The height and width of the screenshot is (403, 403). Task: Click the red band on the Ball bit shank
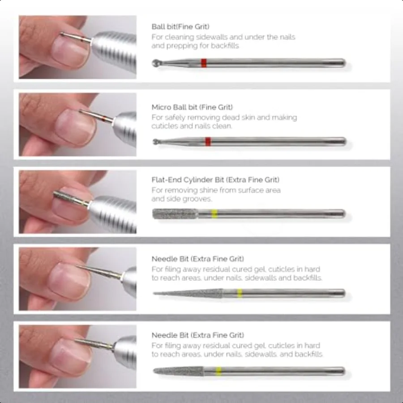(204, 63)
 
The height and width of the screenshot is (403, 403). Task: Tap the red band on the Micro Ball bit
(208, 142)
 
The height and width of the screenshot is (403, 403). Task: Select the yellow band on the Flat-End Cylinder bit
(214, 214)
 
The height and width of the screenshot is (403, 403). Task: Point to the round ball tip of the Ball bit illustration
(156, 63)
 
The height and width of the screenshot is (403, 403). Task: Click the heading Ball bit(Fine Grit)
(180, 27)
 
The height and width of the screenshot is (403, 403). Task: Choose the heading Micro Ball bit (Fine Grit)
(192, 107)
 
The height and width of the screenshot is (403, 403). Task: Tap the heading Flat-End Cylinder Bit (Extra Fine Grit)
(215, 180)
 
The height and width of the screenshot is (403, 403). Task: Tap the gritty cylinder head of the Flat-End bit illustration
(175, 214)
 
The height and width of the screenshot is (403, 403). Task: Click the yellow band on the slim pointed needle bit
(240, 293)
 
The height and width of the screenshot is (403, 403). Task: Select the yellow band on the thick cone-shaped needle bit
(219, 371)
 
